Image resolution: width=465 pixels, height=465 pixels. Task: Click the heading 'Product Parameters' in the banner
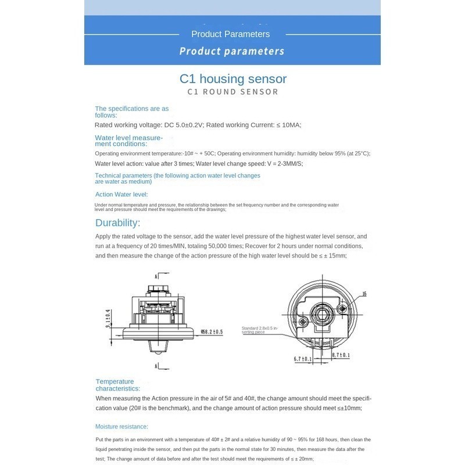pos(230,34)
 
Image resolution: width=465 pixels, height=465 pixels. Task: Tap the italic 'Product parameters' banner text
pos(231,51)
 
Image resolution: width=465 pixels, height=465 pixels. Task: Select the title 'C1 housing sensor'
pos(233,78)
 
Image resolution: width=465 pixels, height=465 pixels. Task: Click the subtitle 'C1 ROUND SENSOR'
pos(233,92)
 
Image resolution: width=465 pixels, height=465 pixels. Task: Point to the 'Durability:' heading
pos(118,223)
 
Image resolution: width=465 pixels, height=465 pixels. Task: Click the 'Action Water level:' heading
pos(121,195)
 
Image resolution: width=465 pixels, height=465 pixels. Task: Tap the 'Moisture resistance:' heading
pos(122,426)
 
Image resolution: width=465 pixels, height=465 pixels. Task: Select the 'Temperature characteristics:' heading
pos(118,385)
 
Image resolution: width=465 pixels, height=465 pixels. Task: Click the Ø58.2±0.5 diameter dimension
pos(212,332)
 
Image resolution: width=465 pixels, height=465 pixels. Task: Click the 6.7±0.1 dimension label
pos(303,359)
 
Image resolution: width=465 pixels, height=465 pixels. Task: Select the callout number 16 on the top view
pos(364,295)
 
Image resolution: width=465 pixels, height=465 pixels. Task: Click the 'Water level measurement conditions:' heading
pos(128,141)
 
